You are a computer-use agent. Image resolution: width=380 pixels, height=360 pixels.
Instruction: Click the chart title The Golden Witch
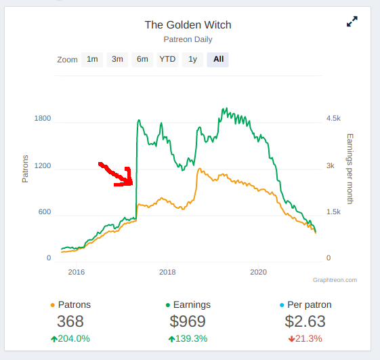point(188,25)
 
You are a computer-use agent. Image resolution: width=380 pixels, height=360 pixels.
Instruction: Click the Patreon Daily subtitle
point(188,39)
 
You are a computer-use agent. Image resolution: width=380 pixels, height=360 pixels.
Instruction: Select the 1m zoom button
point(92,59)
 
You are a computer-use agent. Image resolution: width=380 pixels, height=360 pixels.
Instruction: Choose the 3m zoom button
point(117,59)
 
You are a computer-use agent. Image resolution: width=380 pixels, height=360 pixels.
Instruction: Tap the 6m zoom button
point(142,59)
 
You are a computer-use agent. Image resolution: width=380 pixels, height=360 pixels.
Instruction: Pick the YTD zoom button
point(167,59)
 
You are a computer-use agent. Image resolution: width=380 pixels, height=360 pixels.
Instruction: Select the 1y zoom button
point(192,59)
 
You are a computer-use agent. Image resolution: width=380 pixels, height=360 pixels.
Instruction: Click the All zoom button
point(218,59)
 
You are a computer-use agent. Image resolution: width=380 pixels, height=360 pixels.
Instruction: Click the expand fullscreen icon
point(352,21)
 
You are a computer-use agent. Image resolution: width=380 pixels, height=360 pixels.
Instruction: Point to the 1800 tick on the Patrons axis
point(43,118)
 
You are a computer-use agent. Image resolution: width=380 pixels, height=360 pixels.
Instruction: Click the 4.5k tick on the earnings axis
point(333,118)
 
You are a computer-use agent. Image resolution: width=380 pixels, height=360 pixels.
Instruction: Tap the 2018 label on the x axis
point(167,272)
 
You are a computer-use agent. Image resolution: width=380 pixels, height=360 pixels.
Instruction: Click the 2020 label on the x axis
point(258,272)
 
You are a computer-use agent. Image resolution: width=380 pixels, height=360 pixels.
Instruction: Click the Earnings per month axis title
point(350,169)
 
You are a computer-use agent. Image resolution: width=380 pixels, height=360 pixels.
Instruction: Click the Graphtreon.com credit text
point(335,280)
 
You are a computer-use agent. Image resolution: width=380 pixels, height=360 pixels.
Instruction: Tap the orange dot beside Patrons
point(52,305)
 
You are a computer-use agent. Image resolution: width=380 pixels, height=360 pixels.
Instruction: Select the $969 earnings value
point(188,321)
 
